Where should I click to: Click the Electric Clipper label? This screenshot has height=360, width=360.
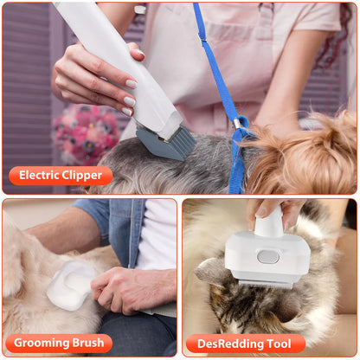click(x=61, y=176)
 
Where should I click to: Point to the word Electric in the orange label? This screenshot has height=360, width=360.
click(x=41, y=176)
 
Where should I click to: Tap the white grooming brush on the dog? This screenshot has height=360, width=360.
click(x=69, y=286)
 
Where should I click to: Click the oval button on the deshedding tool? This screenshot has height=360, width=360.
click(x=269, y=256)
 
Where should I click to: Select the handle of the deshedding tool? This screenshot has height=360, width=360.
click(x=269, y=221)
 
